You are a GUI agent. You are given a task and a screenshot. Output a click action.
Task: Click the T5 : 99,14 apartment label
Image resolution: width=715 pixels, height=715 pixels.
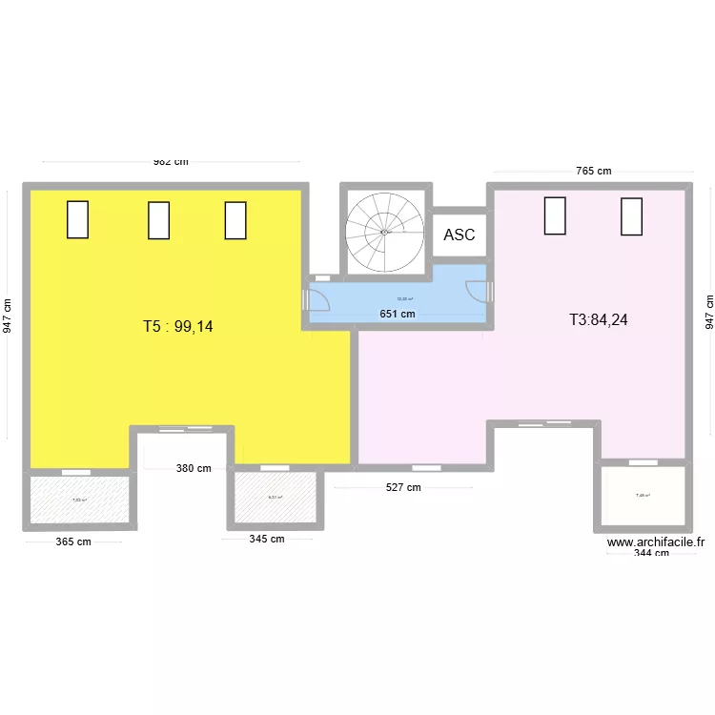click(178, 326)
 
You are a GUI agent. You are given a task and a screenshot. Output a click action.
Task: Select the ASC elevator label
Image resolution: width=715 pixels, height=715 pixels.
click(460, 235)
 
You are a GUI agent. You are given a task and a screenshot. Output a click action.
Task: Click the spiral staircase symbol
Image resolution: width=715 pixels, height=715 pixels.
click(383, 231)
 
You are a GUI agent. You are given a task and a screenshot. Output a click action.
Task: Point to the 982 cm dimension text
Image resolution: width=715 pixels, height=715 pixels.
click(172, 161)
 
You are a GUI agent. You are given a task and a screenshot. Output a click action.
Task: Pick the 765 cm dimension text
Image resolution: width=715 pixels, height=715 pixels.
click(593, 171)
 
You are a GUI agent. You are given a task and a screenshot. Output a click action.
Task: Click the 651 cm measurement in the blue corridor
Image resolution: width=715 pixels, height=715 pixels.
click(398, 314)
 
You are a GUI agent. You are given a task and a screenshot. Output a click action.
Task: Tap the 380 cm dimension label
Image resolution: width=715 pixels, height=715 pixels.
click(194, 468)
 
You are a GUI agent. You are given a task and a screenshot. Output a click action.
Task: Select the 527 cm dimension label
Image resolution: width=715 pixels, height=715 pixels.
click(402, 487)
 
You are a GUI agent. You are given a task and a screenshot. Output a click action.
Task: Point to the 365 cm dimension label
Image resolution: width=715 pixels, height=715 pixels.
click(73, 541)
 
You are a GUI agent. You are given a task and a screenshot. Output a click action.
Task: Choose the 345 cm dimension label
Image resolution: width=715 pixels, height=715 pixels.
click(267, 539)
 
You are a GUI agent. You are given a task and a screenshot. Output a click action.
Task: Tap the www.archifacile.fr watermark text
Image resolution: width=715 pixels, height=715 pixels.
click(656, 541)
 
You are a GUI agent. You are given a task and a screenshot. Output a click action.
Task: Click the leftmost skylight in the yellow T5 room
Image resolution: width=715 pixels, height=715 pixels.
click(77, 219)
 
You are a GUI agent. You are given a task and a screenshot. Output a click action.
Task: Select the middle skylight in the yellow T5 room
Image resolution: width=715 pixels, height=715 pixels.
click(158, 220)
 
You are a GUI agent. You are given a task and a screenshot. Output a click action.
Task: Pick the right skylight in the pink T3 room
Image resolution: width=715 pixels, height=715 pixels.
click(631, 216)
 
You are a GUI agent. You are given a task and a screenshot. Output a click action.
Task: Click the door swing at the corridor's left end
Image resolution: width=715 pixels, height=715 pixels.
click(317, 298)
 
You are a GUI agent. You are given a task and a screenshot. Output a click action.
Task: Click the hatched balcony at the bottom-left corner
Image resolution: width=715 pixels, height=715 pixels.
click(79, 499)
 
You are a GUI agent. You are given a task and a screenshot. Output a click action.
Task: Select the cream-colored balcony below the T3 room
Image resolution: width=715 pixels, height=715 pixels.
click(643, 496)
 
